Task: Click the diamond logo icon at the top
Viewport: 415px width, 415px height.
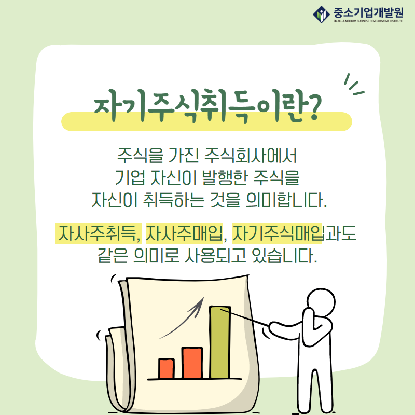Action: point(321,15)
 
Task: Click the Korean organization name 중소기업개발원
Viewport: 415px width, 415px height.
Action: point(368,12)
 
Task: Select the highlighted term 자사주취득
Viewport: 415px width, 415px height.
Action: point(99,233)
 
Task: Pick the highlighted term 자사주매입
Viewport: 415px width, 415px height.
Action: point(184,233)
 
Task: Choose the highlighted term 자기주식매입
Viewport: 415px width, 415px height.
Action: point(278,233)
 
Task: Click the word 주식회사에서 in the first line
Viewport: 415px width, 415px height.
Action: point(251,155)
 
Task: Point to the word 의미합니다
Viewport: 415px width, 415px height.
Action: point(286,200)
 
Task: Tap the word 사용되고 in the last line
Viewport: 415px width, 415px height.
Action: point(215,256)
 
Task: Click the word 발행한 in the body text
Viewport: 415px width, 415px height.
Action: point(225,177)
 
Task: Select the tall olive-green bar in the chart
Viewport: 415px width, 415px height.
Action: point(220,342)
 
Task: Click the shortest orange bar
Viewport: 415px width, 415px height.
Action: point(167,368)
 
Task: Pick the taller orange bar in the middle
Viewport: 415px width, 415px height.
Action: point(192,363)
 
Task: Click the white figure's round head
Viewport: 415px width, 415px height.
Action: point(321,302)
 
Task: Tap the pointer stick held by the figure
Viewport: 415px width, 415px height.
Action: point(244,317)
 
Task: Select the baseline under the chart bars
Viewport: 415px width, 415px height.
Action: point(195,379)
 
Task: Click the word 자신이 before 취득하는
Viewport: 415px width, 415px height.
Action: point(114,200)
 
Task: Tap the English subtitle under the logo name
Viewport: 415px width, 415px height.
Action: point(368,21)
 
